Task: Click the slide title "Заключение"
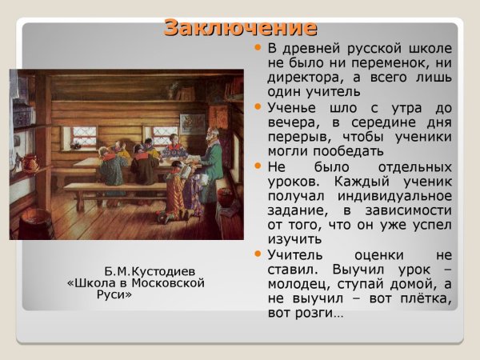coord(240,26)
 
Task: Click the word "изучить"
coord(293,238)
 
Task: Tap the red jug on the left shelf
coord(30,163)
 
